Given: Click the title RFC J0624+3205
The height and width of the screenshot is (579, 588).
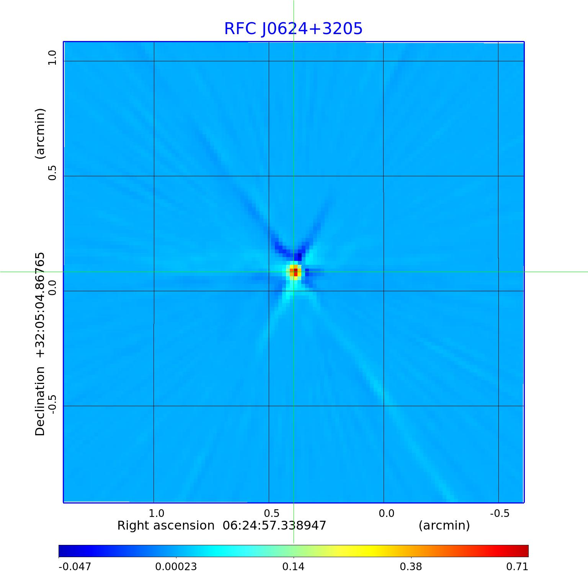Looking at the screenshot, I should (293, 29).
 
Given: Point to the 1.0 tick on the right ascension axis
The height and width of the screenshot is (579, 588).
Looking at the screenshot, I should (157, 513).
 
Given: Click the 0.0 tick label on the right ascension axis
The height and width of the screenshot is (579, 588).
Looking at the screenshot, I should (386, 513).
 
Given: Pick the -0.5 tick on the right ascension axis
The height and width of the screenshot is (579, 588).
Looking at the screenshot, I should (500, 513).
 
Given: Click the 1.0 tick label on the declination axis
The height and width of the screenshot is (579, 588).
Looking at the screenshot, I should (52, 58).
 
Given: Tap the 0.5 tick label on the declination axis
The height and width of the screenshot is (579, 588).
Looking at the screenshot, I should (52, 173).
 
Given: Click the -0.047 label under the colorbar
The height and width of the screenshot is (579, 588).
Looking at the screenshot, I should (75, 566).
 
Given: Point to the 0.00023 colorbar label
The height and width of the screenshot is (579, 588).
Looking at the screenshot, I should (176, 566).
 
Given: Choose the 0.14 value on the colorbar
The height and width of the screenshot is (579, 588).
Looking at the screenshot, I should (294, 566).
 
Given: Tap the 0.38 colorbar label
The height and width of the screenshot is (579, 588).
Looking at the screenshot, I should (411, 566).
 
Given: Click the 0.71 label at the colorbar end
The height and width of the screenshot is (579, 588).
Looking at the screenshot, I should (517, 566).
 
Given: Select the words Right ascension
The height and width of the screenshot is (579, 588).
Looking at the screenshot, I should (166, 525).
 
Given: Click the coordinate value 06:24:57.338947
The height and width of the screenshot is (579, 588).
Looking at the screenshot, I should (274, 525).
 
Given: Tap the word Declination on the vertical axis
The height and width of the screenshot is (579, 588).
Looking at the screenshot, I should (40, 401).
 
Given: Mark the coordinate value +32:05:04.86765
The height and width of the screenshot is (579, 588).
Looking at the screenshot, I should (40, 305).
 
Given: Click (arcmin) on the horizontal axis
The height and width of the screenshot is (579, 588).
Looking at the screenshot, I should (444, 525).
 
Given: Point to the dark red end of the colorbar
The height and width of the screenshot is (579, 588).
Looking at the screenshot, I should (524, 551).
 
